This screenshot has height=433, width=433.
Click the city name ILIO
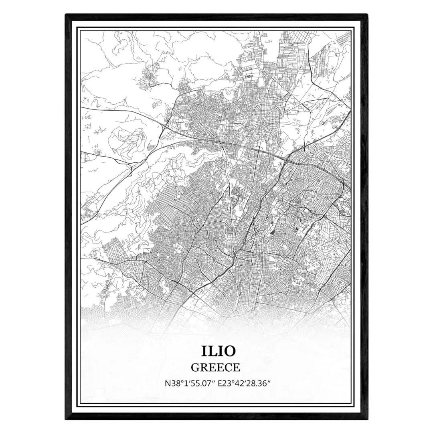coord(216,350)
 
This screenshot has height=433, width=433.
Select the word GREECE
coord(216,367)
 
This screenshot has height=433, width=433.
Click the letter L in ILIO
coord(211,350)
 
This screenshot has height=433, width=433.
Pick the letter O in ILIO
coord(229,350)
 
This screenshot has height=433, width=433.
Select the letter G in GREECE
coord(195,367)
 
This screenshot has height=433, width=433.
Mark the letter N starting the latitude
coord(167,383)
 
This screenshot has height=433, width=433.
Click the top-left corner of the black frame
coord(66,15)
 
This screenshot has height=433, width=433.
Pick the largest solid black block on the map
coord(273,231)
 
